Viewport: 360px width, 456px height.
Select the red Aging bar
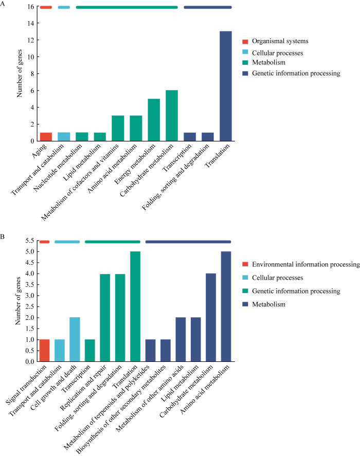click(46, 137)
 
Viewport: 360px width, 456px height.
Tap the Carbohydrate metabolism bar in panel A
click(172, 116)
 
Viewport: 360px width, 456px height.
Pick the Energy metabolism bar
click(154, 120)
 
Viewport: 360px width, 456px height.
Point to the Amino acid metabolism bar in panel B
click(226, 306)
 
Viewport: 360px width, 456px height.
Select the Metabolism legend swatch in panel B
click(246, 305)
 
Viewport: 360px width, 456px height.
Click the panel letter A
click(3, 4)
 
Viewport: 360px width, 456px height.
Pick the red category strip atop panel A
click(46, 7)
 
